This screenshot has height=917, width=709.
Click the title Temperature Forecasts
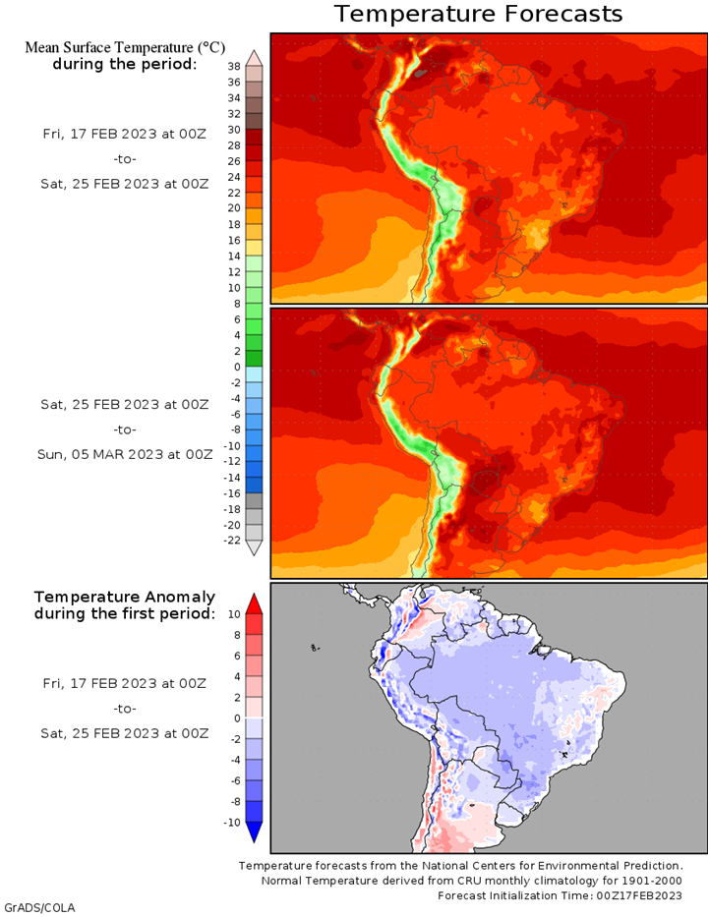click(x=478, y=14)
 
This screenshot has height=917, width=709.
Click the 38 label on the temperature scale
click(x=234, y=67)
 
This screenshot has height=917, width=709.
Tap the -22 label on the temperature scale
click(x=232, y=541)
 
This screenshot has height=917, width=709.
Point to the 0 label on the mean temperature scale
click(x=237, y=368)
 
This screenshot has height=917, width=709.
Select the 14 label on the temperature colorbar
click(x=234, y=257)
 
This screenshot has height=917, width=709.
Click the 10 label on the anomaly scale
click(x=234, y=614)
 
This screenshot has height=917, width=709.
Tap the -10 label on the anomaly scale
click(x=232, y=823)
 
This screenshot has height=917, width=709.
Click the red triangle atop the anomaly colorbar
click(x=254, y=603)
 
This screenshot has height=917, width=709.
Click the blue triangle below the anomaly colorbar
click(x=254, y=832)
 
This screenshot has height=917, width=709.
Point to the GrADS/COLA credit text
click(x=39, y=908)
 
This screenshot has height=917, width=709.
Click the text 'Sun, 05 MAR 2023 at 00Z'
click(x=125, y=454)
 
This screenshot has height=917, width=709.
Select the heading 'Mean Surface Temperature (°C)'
click(x=125, y=47)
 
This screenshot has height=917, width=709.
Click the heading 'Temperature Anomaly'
click(x=125, y=598)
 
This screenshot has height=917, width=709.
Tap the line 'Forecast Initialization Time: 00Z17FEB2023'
click(x=560, y=895)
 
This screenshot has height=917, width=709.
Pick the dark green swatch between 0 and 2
click(x=254, y=359)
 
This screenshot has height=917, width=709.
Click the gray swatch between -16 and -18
click(x=254, y=501)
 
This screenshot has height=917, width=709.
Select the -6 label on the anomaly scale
click(x=234, y=780)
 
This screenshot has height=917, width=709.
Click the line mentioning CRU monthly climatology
click(x=471, y=881)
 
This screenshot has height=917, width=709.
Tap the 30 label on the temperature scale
click(x=234, y=130)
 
